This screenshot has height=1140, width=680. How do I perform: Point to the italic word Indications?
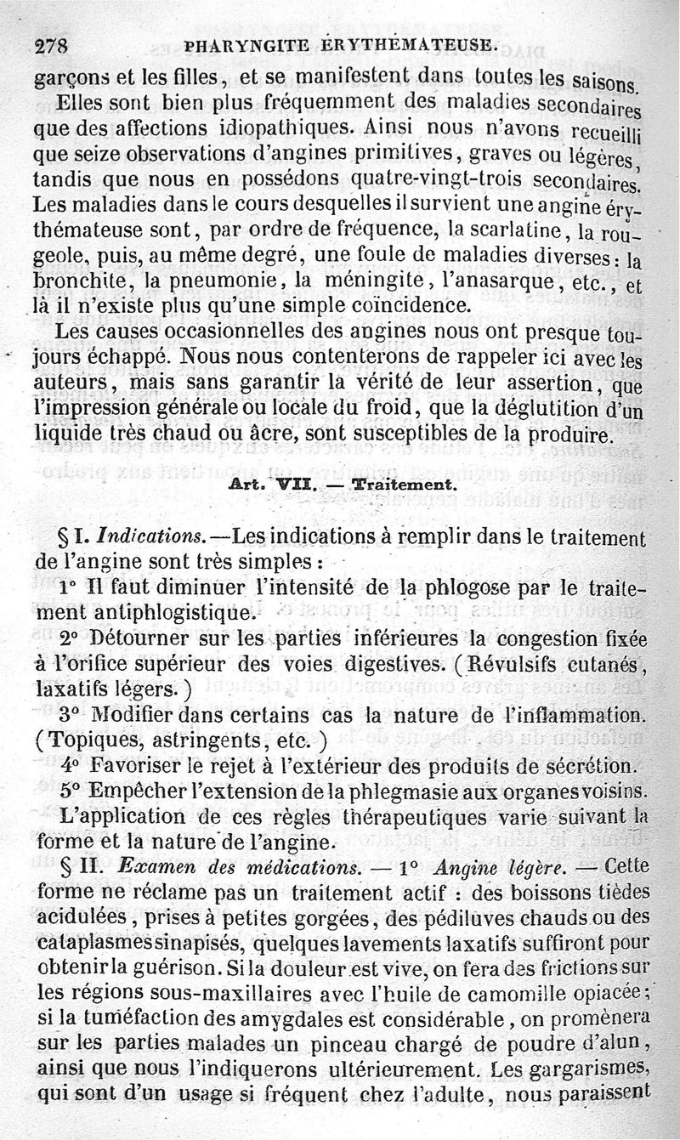tap(150, 537)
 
